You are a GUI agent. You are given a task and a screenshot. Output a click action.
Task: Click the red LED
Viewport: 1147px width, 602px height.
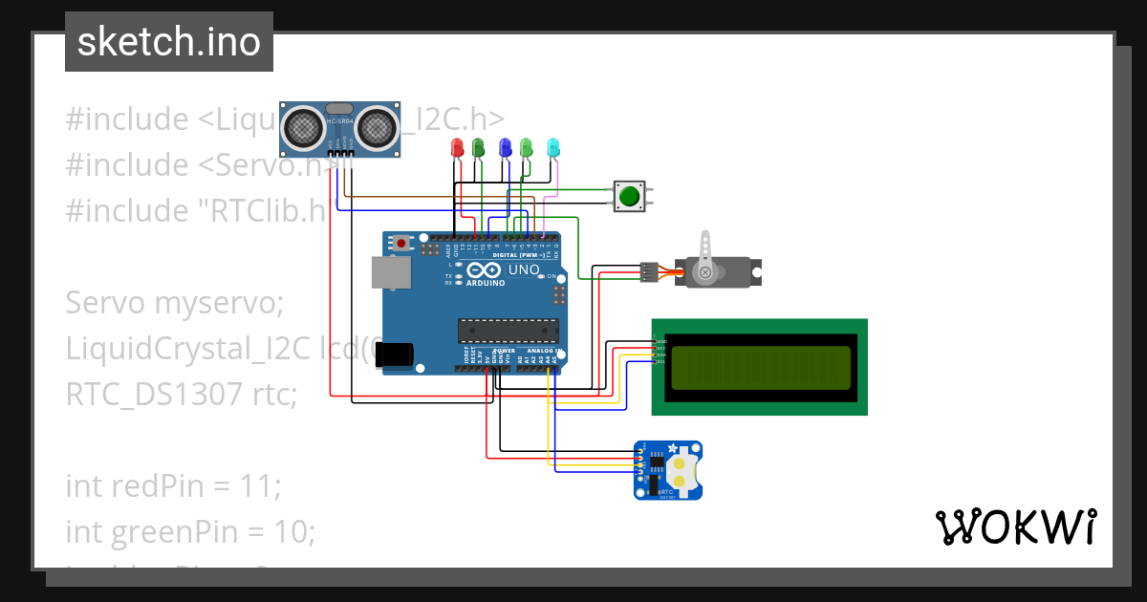[457, 148]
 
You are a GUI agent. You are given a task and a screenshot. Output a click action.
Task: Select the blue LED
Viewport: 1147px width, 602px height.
[506, 147]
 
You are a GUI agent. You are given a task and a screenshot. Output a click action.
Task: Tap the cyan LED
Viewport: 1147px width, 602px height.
[552, 147]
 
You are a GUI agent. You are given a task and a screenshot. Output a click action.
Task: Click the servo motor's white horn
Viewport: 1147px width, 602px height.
[706, 258]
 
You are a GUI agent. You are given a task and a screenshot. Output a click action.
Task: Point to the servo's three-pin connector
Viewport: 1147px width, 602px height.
[649, 272]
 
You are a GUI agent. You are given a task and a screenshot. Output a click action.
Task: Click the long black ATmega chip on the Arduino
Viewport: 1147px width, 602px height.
[508, 331]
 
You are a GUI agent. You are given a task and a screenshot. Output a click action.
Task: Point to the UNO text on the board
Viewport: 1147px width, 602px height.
[524, 269]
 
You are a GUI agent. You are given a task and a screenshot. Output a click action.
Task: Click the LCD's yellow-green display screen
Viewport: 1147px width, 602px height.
[760, 368]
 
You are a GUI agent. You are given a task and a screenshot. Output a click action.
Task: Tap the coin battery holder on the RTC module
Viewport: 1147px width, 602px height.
[680, 469]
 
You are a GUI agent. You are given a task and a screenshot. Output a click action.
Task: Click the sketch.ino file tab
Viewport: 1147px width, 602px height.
[169, 42]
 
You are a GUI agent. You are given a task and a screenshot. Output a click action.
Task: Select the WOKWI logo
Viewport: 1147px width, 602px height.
[1015, 527]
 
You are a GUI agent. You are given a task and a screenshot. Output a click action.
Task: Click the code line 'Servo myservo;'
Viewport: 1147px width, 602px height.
[175, 303]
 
